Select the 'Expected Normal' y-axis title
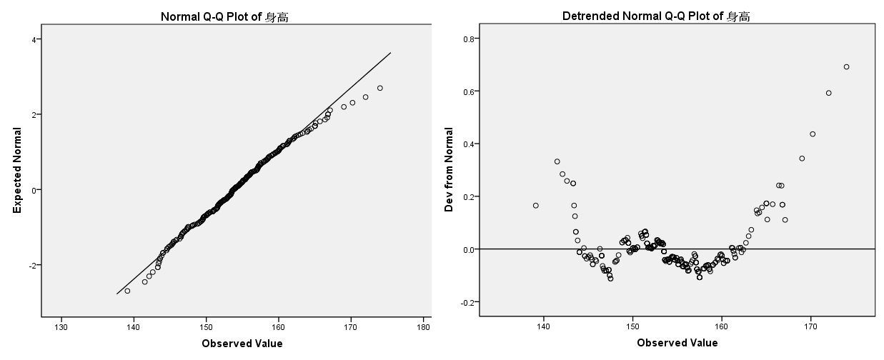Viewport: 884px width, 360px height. click(x=17, y=170)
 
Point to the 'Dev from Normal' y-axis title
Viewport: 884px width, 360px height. click(x=450, y=170)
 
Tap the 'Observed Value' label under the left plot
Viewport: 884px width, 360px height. click(x=242, y=344)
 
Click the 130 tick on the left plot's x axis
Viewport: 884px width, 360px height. click(x=61, y=328)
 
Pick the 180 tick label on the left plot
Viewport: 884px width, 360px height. click(x=423, y=328)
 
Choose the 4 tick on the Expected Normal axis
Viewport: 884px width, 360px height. click(x=34, y=39)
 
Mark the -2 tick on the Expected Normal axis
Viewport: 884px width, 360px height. click(x=32, y=265)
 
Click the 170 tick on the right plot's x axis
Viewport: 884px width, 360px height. click(x=810, y=326)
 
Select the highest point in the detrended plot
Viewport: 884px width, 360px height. click(x=846, y=67)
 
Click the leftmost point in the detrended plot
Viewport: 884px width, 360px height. click(x=535, y=206)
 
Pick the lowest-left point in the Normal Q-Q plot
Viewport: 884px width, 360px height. click(x=127, y=291)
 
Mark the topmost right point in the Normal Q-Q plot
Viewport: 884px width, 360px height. click(x=379, y=88)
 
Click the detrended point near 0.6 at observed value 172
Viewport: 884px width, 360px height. click(x=828, y=93)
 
